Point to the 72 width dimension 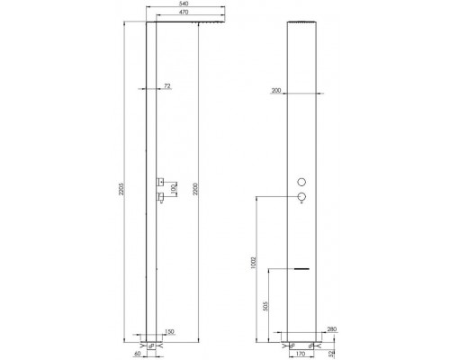[x=166, y=86]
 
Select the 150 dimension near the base [x=169, y=331]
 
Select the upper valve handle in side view [x=157, y=176]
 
